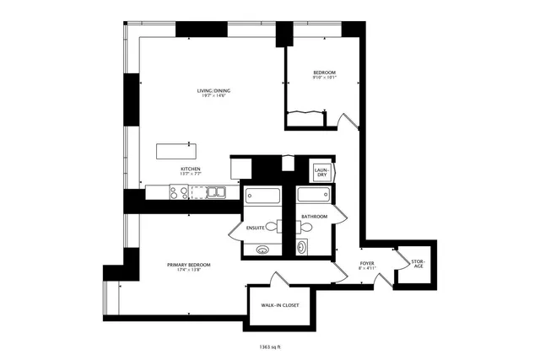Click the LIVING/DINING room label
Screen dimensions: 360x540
(213, 90)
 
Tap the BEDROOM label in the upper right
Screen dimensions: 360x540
(325, 74)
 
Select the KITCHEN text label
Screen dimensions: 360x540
(191, 169)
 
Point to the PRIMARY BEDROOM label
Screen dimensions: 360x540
(188, 265)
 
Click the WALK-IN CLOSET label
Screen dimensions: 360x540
(279, 306)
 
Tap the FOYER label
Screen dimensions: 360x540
(367, 262)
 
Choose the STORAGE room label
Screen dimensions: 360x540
(418, 265)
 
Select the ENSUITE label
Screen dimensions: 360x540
(256, 228)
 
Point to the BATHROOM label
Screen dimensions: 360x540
(315, 217)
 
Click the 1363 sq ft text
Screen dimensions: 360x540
(271, 347)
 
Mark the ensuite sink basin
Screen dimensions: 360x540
(263, 250)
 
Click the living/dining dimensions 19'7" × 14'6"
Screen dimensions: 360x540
(213, 96)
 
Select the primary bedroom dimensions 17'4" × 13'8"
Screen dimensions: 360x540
(188, 271)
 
